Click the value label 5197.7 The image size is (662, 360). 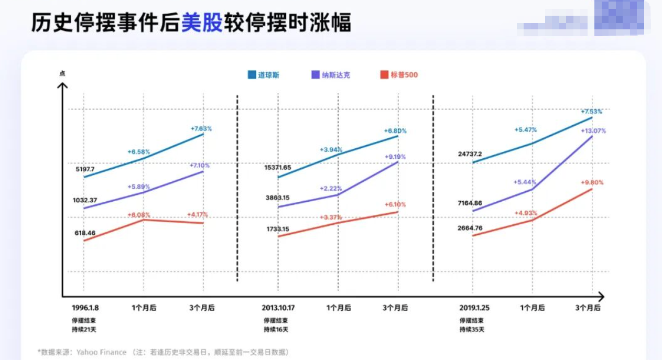coord(85,169)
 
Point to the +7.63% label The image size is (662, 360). coord(201,128)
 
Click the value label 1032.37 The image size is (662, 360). coord(85,200)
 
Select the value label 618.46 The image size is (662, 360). coord(85,233)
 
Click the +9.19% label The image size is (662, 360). coord(395,157)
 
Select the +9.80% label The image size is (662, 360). coord(592,182)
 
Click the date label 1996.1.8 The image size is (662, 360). coord(85,308)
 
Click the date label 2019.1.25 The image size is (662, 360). coord(475,308)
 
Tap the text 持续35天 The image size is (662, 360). coord(472,330)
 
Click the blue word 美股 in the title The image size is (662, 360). coord(202,23)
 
